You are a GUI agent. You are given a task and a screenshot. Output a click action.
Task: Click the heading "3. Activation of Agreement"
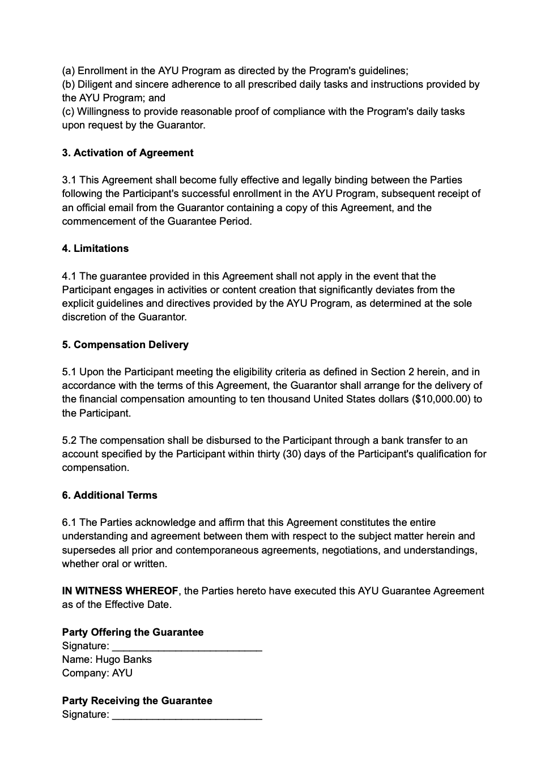click(x=127, y=153)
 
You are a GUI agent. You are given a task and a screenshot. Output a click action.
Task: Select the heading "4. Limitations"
click(x=95, y=249)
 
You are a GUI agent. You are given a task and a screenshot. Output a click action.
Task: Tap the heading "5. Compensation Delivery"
click(x=125, y=345)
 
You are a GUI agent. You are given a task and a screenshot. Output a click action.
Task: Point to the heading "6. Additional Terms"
click(x=109, y=495)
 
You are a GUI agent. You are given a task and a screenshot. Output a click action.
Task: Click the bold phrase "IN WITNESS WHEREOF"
click(x=120, y=591)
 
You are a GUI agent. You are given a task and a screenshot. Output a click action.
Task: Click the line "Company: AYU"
click(x=97, y=673)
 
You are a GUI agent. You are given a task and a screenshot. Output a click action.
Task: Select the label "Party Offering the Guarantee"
click(x=133, y=632)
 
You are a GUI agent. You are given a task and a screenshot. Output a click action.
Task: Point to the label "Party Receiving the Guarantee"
click(x=137, y=701)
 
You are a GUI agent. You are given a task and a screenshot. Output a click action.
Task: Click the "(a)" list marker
click(x=68, y=71)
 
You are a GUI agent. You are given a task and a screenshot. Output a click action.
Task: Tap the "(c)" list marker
click(x=68, y=112)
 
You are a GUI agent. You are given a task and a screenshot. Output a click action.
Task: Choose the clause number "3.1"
click(x=69, y=180)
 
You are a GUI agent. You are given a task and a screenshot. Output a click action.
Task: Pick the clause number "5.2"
click(x=69, y=440)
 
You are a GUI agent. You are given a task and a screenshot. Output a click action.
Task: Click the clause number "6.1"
click(x=69, y=522)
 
